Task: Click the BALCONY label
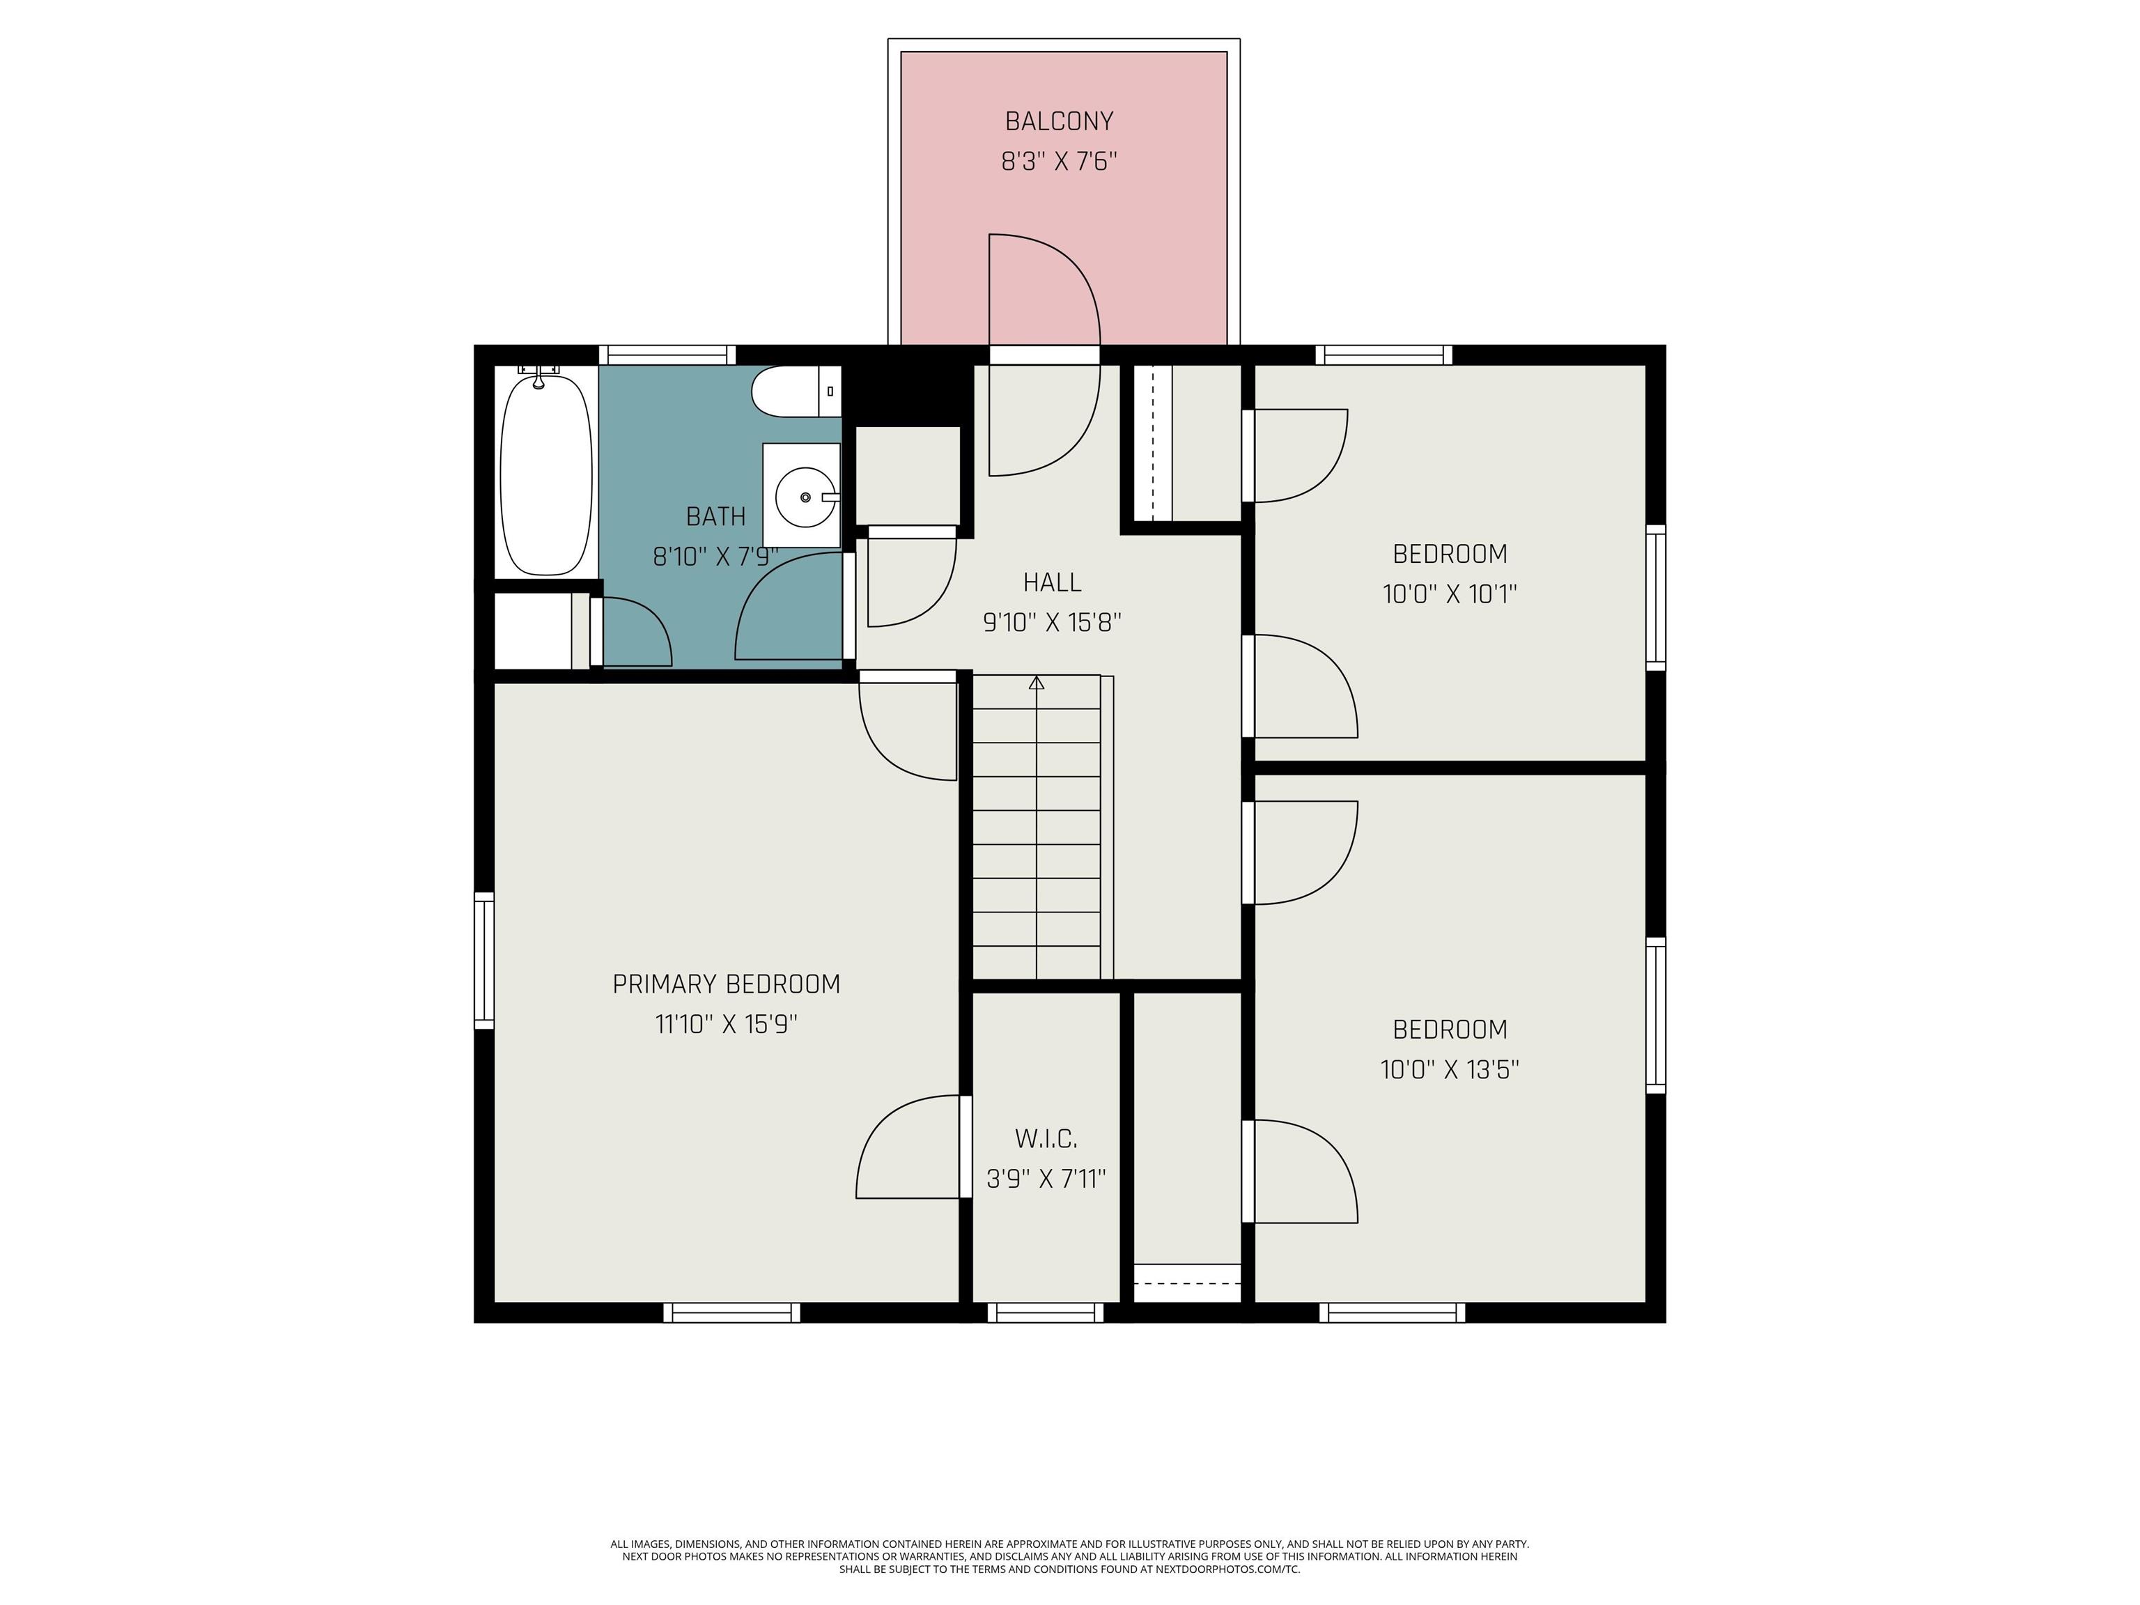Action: pos(1060,121)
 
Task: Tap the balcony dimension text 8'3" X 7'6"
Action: pos(1060,161)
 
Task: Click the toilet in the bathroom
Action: pos(796,391)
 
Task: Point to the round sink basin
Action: pos(806,496)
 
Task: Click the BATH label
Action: pos(716,517)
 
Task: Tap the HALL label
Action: pos(1052,582)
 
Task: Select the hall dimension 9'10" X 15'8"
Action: pos(1052,622)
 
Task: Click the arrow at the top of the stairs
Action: pos(1036,682)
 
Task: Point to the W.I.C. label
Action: pos(1046,1139)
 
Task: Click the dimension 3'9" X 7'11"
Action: pos(1046,1179)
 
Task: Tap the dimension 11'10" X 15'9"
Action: pos(727,1023)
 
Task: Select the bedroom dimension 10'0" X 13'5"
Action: pos(1449,1069)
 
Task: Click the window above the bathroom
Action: pos(667,355)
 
